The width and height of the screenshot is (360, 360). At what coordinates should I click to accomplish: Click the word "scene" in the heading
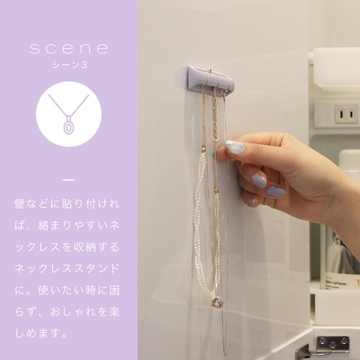[69, 48]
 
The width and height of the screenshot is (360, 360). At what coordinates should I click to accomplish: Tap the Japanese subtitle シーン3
[69, 65]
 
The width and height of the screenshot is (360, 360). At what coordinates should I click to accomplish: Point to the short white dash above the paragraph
[69, 179]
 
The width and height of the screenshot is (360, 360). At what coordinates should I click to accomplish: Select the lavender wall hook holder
[211, 78]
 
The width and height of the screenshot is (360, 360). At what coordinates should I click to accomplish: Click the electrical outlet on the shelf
[346, 114]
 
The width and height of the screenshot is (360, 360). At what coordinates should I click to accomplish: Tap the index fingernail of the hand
[234, 147]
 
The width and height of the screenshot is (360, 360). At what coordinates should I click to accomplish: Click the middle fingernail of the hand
[258, 181]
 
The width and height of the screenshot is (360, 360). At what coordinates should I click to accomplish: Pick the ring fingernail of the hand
[276, 192]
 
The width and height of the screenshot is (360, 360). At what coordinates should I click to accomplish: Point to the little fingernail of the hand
[252, 201]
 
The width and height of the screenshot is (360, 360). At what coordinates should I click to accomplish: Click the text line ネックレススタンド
[67, 268]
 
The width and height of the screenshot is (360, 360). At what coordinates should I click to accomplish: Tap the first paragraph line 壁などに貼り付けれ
[67, 204]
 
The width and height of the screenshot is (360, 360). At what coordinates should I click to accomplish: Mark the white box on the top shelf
[336, 66]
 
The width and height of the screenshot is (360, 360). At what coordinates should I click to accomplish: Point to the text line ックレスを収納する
[67, 247]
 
